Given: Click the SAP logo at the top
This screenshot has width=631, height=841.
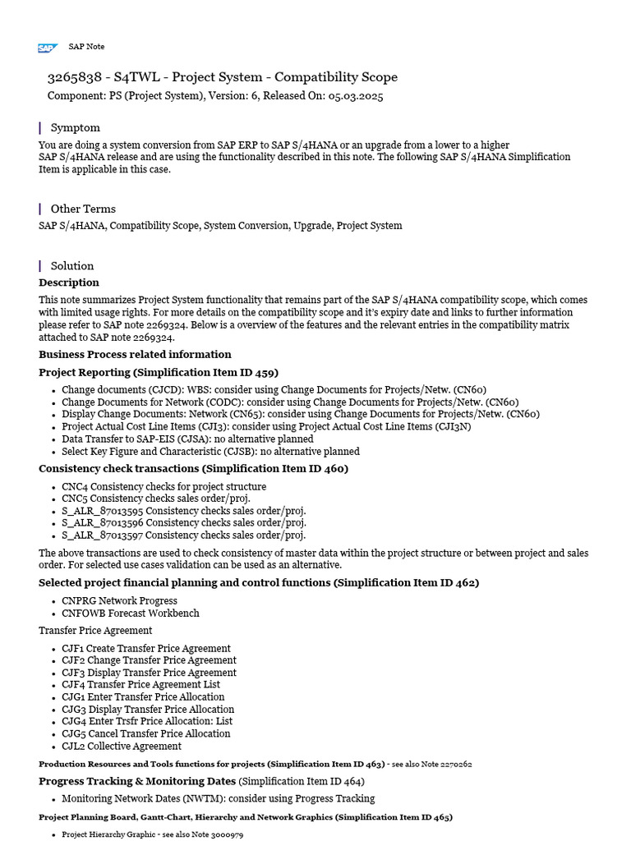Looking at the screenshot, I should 48,48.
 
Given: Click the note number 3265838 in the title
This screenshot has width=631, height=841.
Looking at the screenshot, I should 75,77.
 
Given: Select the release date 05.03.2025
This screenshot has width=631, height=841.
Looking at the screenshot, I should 355,96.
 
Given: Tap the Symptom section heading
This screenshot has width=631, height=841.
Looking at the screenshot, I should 75,127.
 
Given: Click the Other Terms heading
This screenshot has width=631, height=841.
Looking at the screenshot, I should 83,209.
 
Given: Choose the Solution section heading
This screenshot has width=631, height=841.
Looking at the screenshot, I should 72,265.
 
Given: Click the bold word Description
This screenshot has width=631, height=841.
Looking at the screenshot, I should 69,283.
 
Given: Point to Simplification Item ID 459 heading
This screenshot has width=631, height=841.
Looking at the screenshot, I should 159,372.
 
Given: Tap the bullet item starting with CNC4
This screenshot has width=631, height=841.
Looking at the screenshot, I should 164,487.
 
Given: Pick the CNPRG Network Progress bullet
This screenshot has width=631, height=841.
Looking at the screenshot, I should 119,601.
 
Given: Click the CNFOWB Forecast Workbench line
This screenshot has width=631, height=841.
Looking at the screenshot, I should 130,614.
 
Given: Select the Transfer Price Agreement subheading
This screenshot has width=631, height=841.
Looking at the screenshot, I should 95,631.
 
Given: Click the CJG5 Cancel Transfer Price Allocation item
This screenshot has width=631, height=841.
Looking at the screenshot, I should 145,733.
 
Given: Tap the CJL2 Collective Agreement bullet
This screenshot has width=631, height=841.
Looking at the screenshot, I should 122,746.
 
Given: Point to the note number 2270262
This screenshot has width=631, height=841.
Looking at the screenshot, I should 456,764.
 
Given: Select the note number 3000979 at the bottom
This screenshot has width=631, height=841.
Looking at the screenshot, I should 227,834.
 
